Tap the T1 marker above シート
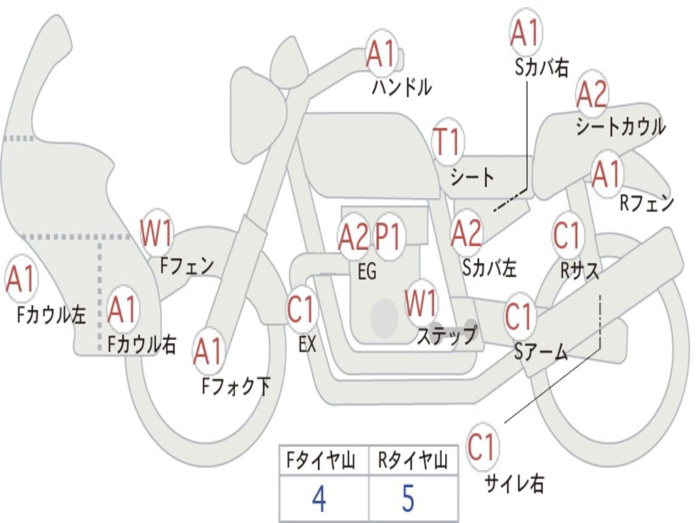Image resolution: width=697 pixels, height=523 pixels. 447,142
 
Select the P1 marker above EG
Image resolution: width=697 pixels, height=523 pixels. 388,236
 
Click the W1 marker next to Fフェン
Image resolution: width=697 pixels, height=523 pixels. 156,233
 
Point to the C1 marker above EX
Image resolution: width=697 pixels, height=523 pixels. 302,308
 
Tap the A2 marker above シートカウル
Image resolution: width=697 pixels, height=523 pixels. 592,94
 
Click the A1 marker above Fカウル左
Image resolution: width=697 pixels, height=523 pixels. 20,279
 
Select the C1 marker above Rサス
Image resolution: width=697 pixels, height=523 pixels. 568,235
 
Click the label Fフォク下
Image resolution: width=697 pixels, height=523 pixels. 236,385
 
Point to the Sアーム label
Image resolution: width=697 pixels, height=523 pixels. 541,352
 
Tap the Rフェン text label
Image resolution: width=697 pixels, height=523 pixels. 647,203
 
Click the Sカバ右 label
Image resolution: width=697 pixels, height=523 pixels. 542,67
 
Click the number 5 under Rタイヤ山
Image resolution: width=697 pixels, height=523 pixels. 408,498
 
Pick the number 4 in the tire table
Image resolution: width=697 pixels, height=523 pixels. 319,498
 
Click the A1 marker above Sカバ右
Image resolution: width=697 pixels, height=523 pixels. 526,33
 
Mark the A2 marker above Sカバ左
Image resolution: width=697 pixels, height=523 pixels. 466,234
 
